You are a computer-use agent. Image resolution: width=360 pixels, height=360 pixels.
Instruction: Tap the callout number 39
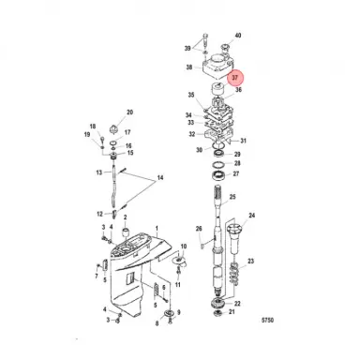tap(188, 48)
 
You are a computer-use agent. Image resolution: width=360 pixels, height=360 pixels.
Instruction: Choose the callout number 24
tap(251, 217)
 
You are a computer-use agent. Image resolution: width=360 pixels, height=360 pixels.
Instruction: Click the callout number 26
tap(199, 230)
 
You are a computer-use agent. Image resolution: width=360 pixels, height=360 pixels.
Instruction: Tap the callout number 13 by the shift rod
tap(97, 173)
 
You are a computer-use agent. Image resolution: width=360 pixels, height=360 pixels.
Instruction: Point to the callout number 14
tap(159, 178)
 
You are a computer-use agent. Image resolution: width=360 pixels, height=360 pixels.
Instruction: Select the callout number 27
tap(236, 174)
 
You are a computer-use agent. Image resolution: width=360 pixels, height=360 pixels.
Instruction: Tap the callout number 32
tap(191, 134)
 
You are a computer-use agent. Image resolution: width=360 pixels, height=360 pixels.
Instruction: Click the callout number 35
tap(191, 96)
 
